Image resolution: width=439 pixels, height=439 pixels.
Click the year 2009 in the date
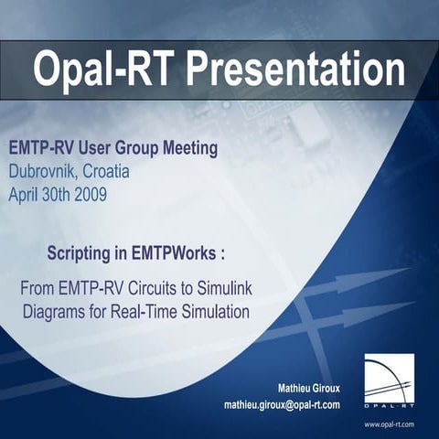coord(87,193)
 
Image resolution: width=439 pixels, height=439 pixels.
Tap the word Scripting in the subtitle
coord(80,252)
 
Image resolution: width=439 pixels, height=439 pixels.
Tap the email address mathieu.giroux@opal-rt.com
coord(282,404)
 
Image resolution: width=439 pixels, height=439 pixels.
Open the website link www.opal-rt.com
coord(389,424)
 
